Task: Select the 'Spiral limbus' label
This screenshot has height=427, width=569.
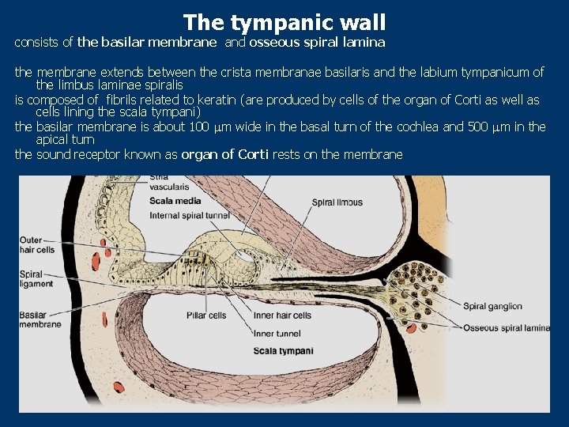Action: tap(337, 202)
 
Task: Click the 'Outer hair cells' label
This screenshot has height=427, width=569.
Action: tap(37, 244)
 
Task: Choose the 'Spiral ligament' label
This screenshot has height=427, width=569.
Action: tap(36, 279)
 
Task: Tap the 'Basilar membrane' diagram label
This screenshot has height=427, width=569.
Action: tap(40, 319)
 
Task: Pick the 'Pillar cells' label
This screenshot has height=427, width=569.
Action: tap(206, 316)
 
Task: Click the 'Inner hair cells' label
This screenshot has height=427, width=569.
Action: tap(282, 316)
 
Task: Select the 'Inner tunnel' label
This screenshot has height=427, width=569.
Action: tap(276, 333)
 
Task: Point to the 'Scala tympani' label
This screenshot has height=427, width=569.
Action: tap(283, 350)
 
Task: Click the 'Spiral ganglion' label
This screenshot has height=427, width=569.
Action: tap(492, 306)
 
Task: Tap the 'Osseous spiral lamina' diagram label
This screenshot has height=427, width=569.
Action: tap(507, 327)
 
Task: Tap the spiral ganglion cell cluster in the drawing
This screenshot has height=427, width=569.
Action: tap(419, 289)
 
